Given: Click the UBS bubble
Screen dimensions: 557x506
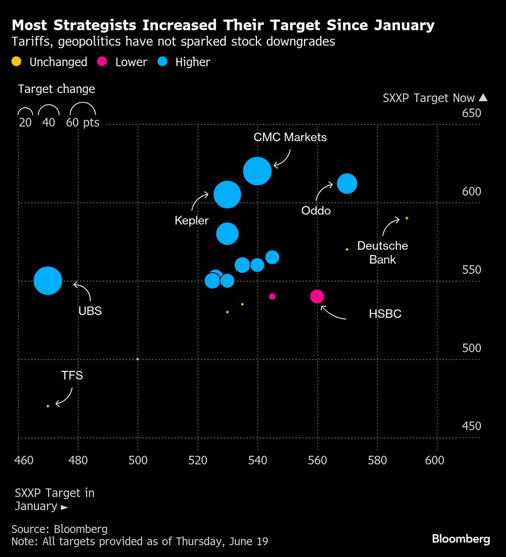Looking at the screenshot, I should pos(48,281).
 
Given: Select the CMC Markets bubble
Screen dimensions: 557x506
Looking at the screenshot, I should pos(258,172).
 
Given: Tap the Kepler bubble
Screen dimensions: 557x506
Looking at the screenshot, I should pos(227,194).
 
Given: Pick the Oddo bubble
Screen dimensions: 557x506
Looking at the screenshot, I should pos(347,183).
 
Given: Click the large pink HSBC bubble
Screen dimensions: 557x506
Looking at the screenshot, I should pos(317,296).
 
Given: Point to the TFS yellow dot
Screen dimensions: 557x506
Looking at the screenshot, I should pos(48,406).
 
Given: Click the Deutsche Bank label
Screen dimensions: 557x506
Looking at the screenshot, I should pos(383,252).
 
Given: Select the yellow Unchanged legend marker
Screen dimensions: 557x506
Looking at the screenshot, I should pos(17,62).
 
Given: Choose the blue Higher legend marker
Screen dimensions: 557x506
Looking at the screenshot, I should pos(162,62).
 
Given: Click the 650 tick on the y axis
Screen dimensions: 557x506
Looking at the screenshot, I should pos(472,113).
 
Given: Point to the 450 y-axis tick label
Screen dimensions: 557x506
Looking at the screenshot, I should pos(472,426).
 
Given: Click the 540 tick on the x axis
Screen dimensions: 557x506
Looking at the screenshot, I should pos(258,460).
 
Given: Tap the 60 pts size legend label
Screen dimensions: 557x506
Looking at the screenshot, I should pos(83,122).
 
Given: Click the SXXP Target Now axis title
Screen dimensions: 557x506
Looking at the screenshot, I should pos(429,98).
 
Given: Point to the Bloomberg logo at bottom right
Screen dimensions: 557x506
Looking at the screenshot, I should pos(461,539).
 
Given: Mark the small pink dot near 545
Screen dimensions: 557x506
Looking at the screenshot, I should pos(272,296).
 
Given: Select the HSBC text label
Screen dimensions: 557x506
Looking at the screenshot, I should pos(385,314).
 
